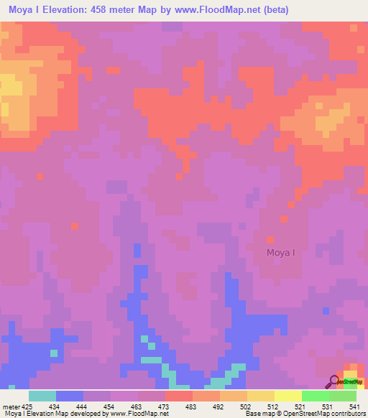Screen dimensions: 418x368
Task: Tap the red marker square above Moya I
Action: point(270,240)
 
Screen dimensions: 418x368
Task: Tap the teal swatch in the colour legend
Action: point(42,396)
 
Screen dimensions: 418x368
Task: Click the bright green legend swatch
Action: point(315,396)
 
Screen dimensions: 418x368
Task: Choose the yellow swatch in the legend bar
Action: point(287,396)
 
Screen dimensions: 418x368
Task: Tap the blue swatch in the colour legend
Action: point(70,396)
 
